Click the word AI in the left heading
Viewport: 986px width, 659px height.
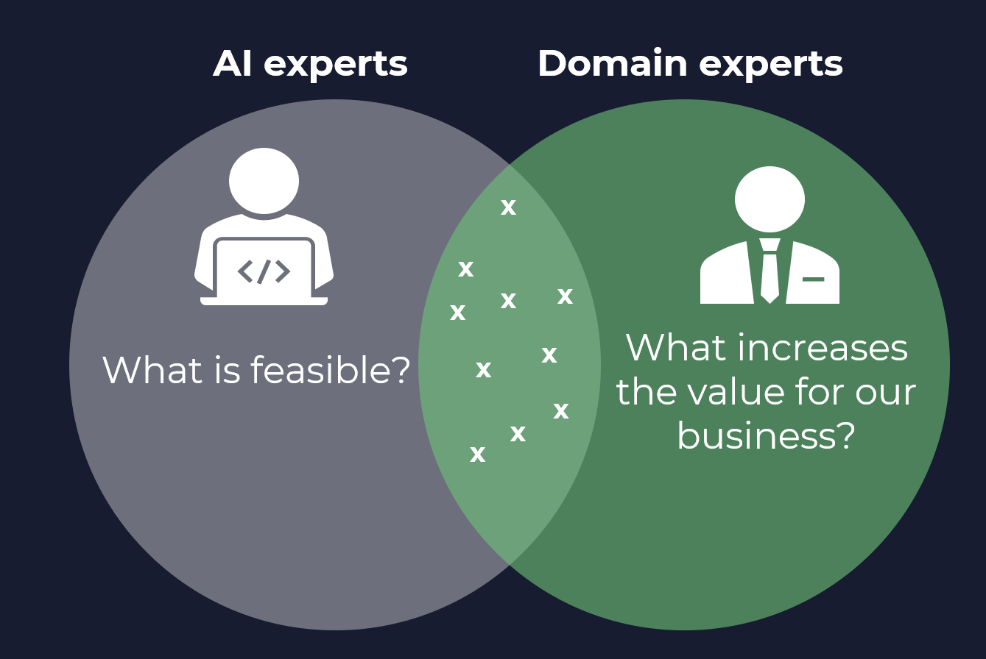pos(233,64)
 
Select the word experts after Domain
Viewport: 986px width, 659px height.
pos(770,65)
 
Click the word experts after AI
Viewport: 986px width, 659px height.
pos(335,65)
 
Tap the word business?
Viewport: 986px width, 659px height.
pos(766,438)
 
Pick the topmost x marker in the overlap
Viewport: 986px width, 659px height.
pos(508,207)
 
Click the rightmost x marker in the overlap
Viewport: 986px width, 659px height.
pos(565,296)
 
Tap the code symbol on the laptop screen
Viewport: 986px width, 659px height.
pos(264,271)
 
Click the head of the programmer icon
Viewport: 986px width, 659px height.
pos(264,181)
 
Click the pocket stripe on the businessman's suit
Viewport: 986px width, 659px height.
pos(813,279)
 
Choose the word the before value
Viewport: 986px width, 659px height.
pos(645,392)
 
